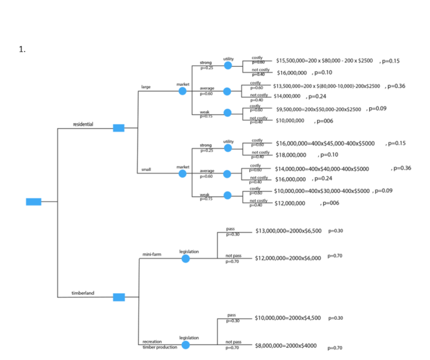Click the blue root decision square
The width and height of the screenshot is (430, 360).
pos(34,201)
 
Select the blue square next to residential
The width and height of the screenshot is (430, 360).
pos(119,128)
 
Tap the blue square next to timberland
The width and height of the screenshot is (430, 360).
pos(119,297)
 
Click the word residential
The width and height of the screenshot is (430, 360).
pos(83,124)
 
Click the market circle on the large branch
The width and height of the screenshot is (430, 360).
pos(182,91)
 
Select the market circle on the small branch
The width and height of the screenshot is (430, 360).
pos(182,172)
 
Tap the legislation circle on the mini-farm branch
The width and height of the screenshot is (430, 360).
pos(185,259)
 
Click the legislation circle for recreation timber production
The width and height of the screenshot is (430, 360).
pos(185,345)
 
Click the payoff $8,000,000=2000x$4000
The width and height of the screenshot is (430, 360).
pos(286,346)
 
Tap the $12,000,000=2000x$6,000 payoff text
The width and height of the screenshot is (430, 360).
pos(288,258)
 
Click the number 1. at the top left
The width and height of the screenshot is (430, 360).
pos(22,49)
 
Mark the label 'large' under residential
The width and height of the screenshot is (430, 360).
pos(146,87)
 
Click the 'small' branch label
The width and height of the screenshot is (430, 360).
pos(146,168)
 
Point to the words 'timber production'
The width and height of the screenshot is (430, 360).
pos(159,347)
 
